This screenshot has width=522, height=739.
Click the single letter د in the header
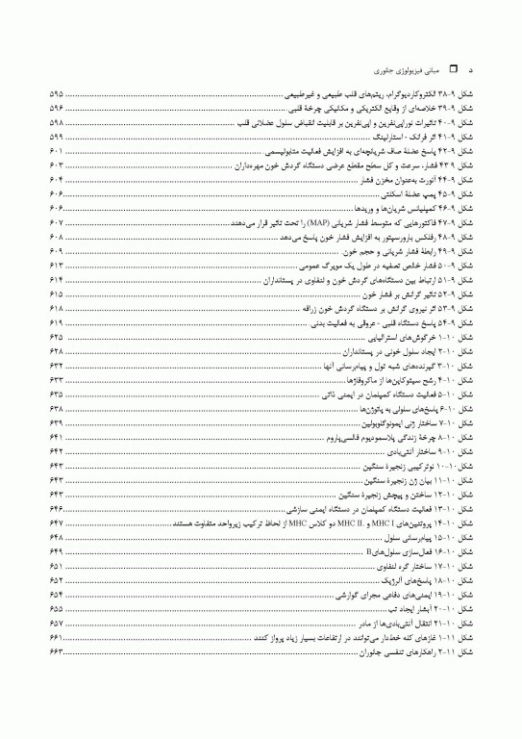pyautogui.click(x=469, y=71)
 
